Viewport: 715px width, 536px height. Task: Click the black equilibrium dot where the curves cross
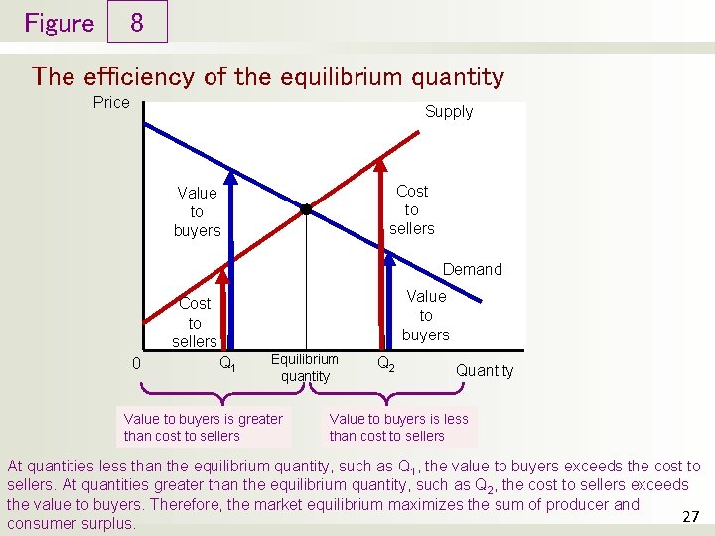pos(306,209)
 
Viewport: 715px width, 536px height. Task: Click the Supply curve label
pos(449,112)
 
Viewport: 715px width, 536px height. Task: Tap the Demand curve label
pos(472,269)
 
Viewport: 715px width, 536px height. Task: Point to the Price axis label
pos(111,103)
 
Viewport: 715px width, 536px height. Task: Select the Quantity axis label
pos(485,371)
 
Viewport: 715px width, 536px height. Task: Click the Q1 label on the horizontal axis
pos(227,364)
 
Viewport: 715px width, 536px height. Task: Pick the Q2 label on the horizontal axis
pos(386,364)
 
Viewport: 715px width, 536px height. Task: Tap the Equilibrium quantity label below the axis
pos(305,368)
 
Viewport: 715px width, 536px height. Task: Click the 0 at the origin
pos(136,363)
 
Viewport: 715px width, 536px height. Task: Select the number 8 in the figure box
pos(137,23)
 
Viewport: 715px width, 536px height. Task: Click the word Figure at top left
pos(59,23)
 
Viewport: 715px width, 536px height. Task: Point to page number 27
pos(692,516)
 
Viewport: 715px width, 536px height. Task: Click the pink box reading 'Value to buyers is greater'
pos(204,427)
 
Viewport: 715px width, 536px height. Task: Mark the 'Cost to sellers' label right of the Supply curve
pos(411,209)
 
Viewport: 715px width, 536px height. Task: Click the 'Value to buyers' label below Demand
pos(426,315)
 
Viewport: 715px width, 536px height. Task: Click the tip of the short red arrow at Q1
pos(223,288)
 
